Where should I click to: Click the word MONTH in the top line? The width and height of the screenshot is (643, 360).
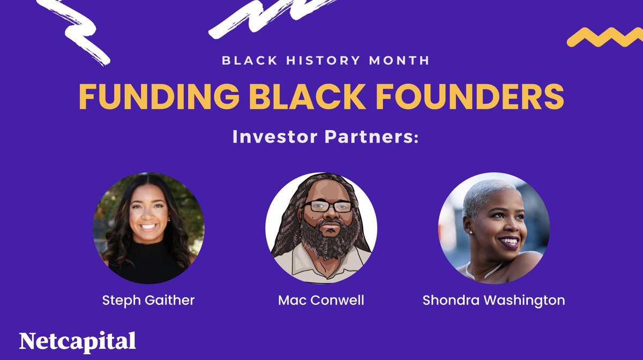pyautogui.click(x=398, y=60)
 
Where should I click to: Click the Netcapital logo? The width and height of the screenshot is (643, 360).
pyautogui.click(x=77, y=341)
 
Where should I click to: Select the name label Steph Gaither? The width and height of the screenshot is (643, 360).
pyautogui.click(x=148, y=300)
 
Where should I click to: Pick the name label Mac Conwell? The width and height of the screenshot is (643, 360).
pyautogui.click(x=321, y=300)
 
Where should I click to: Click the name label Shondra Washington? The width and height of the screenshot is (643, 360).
pyautogui.click(x=494, y=300)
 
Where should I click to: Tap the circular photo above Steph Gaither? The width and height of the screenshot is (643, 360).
pyautogui.click(x=148, y=228)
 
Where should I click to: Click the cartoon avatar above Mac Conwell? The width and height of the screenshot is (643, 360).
pyautogui.click(x=321, y=228)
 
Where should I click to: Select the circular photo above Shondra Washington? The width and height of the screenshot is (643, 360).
pyautogui.click(x=494, y=228)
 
